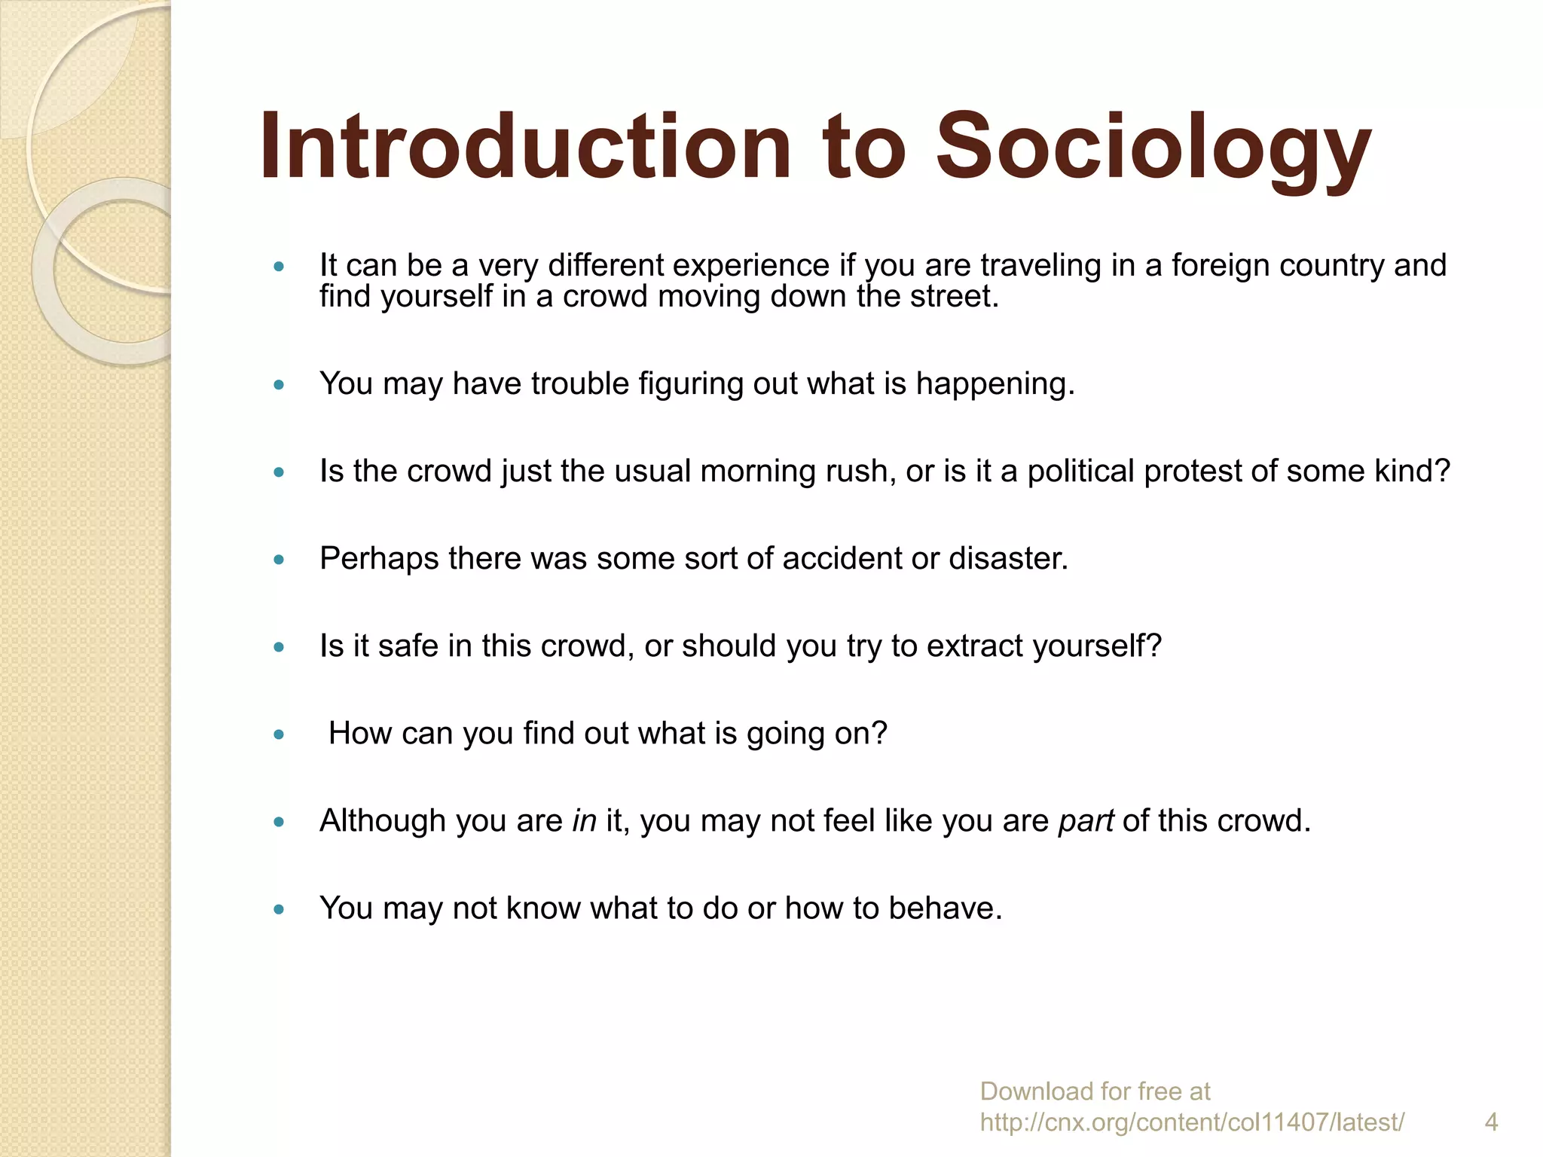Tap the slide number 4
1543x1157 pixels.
[1491, 1122]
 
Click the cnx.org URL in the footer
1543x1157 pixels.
[1192, 1122]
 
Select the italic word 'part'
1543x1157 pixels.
[1086, 821]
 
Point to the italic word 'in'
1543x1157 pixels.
[584, 821]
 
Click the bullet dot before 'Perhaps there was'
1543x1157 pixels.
[280, 560]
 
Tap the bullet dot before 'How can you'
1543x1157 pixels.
[280, 734]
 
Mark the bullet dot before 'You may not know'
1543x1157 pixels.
[280, 909]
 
